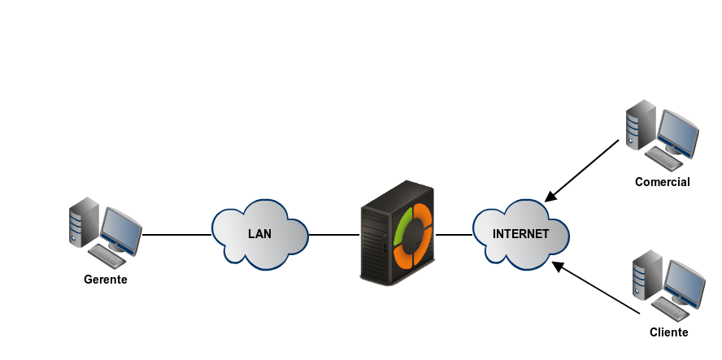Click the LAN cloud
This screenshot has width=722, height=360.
tap(260, 234)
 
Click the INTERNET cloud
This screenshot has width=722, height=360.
tap(521, 234)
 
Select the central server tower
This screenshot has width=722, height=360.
tap(398, 234)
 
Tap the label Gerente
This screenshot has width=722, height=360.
tap(106, 280)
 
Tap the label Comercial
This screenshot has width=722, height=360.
tap(662, 182)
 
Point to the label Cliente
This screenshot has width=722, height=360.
tap(669, 332)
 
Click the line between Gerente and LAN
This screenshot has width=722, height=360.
tap(177, 235)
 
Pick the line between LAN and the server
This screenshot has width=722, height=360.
tap(334, 235)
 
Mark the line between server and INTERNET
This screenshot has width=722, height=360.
tap(454, 235)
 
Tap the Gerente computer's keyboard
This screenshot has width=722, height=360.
tap(107, 254)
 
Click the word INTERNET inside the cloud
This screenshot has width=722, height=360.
tap(521, 234)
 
